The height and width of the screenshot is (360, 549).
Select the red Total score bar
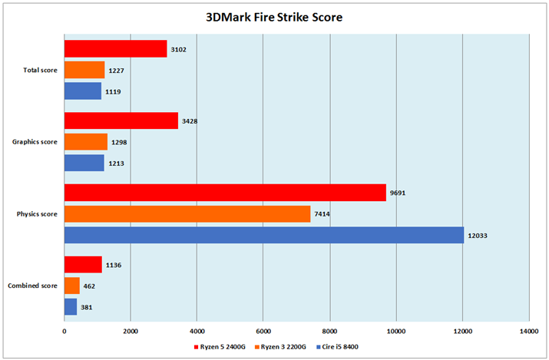(115, 49)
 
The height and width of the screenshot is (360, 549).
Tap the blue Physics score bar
(263, 235)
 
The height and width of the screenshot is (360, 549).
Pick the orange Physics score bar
(187, 213)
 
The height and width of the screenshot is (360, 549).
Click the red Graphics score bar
(121, 121)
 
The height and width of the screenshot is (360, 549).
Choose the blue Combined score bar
(70, 307)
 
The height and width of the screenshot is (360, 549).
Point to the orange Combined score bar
(71, 286)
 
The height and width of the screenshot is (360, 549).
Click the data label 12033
(479, 236)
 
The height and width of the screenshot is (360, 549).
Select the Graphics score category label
(35, 142)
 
